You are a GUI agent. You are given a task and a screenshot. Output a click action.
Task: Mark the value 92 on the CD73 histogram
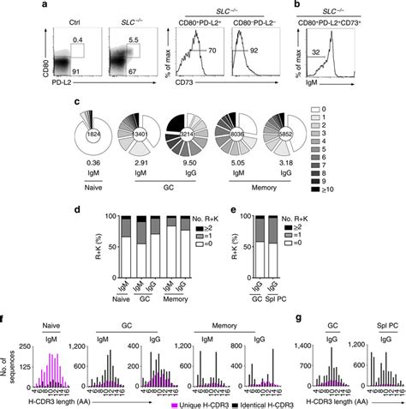tap(295, 49)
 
